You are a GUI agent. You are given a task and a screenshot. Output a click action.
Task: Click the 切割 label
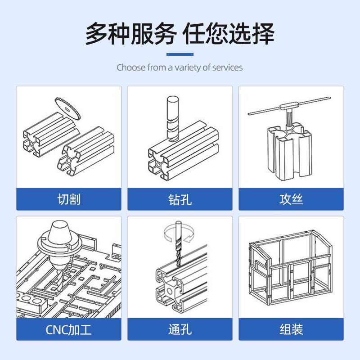69,199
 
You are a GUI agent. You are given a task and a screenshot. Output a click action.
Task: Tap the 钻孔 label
180,199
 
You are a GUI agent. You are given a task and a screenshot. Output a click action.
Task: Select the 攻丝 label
291,199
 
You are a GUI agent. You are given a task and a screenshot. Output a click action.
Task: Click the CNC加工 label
69,329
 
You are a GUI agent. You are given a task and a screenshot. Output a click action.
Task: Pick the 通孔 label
180,329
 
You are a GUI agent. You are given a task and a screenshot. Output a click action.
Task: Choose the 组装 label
291,329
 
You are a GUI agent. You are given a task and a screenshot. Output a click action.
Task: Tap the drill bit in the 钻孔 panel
172,117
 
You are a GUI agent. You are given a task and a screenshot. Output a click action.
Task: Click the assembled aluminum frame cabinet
290,265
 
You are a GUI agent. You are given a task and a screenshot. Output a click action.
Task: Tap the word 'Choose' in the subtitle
131,67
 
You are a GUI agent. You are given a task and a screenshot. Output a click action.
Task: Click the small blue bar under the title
180,54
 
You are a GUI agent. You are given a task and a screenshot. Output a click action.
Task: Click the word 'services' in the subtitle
227,67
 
